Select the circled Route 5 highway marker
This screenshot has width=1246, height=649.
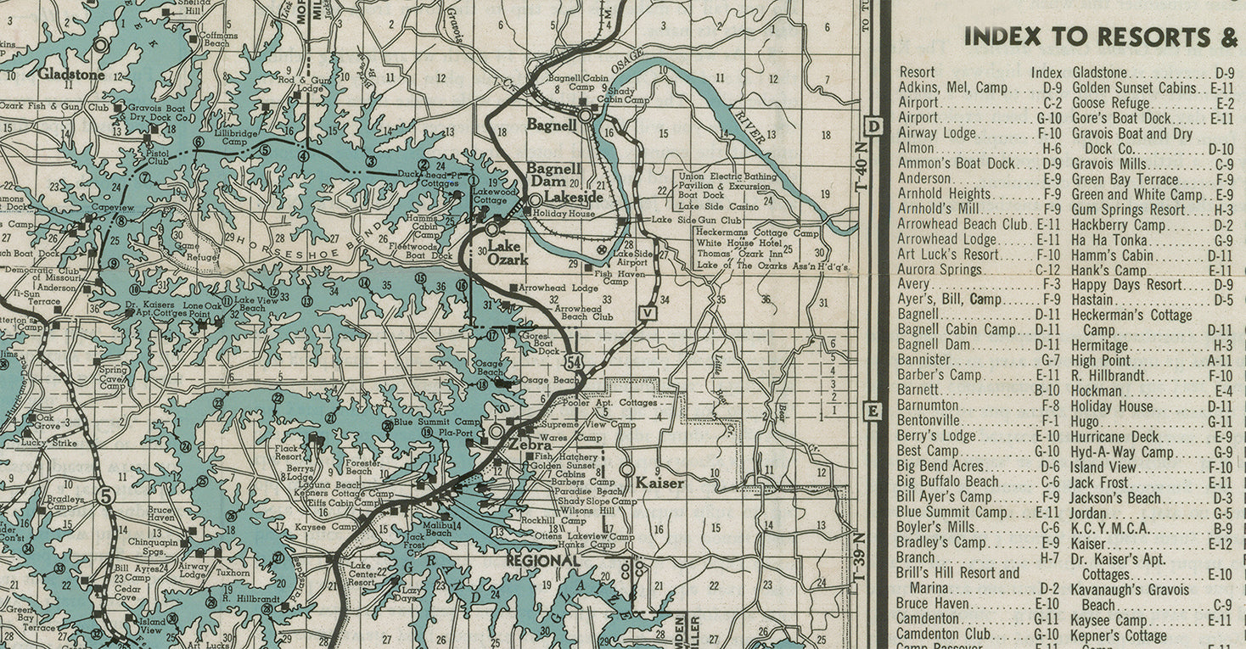coord(104,495)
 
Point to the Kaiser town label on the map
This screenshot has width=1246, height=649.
coord(659,483)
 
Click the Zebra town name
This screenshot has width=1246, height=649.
coord(527,444)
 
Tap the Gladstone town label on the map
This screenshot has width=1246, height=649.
coord(71,74)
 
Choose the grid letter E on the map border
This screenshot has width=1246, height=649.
coord(873,411)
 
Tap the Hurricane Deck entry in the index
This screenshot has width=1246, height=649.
coord(1119,437)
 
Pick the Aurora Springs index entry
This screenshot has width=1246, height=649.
coord(940,270)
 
